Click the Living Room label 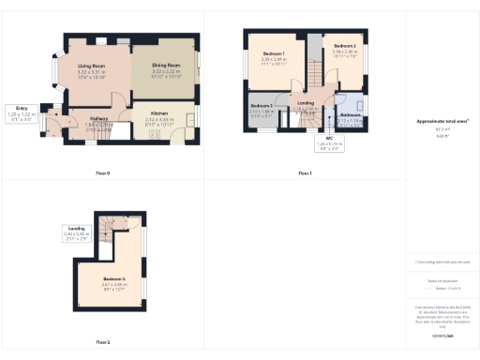pyautogui.click(x=83, y=66)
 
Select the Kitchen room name pyautogui.click(x=160, y=114)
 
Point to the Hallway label pyautogui.click(x=98, y=118)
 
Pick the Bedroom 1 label pyautogui.click(x=275, y=52)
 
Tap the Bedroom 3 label pyautogui.click(x=262, y=105)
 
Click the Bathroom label pyautogui.click(x=350, y=115)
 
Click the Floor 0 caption pyautogui.click(x=103, y=173)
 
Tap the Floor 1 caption pyautogui.click(x=305, y=173)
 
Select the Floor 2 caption pyautogui.click(x=102, y=342)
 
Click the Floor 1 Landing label pyautogui.click(x=306, y=103)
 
